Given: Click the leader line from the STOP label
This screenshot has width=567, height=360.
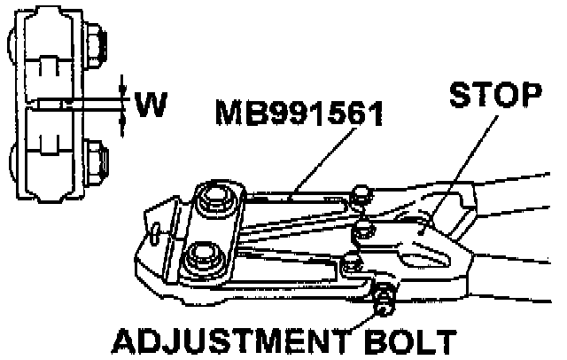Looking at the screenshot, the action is coord(465,160).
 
